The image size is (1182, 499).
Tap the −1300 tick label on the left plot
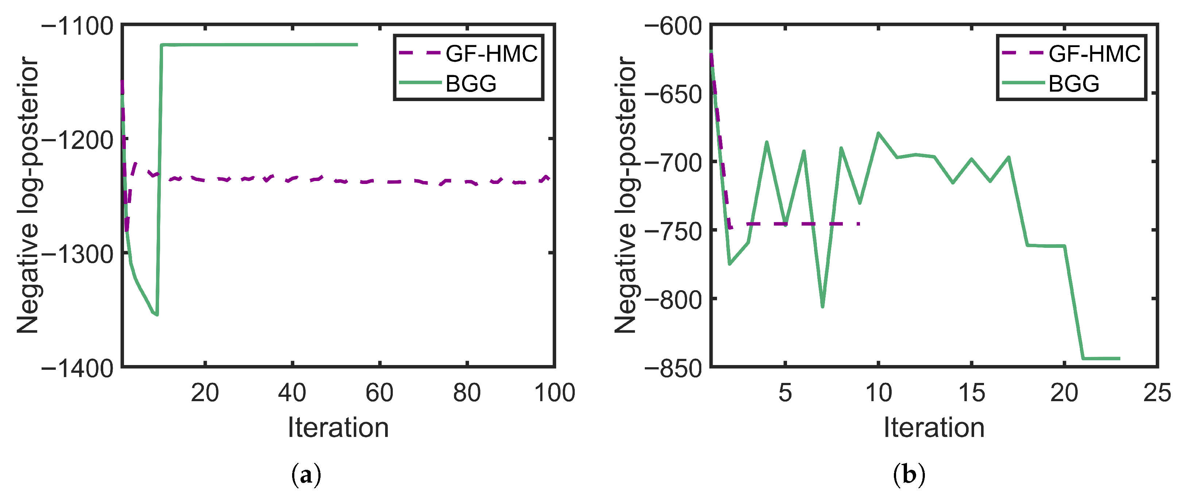tap(78, 254)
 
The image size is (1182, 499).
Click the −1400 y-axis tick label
tap(78, 368)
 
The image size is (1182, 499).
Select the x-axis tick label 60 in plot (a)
tap(379, 393)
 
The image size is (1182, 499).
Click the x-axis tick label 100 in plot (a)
tap(554, 393)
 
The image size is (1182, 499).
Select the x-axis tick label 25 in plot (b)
tap(1157, 393)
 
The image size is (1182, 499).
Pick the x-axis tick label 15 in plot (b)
tap(972, 393)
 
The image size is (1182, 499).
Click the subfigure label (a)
tap(306, 475)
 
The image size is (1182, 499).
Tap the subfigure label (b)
tap(909, 475)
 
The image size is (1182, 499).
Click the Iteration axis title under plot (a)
tap(338, 428)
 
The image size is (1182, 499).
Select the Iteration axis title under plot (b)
tap(934, 428)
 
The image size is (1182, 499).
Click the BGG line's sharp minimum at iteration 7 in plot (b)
tap(823, 307)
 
